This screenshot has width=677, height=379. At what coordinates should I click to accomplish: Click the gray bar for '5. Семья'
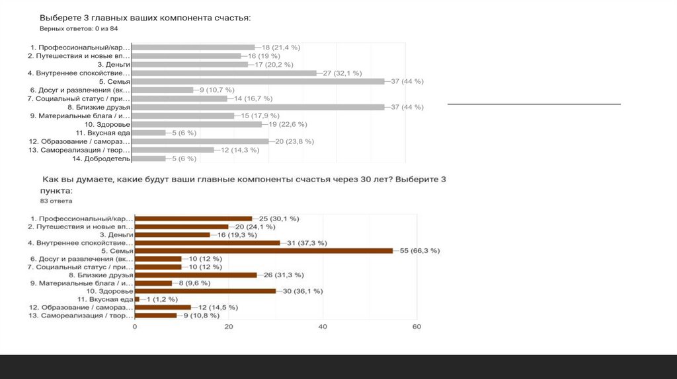click(x=258, y=81)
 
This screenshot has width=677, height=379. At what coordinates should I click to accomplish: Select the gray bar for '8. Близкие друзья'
click(x=258, y=107)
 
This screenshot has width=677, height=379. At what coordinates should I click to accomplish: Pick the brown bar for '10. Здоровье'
click(x=205, y=291)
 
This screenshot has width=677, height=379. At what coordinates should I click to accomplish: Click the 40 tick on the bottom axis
click(x=323, y=327)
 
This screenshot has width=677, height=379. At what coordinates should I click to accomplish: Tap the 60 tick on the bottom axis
click(x=417, y=327)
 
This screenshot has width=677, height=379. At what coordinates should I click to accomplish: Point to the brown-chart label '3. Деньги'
click(x=117, y=234)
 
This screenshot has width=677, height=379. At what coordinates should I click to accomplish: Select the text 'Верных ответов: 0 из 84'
click(x=79, y=29)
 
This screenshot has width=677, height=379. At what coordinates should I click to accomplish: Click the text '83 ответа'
click(x=56, y=200)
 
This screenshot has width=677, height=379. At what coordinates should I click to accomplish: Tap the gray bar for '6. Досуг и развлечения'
click(x=163, y=90)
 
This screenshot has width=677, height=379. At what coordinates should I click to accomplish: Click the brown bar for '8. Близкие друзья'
click(x=195, y=275)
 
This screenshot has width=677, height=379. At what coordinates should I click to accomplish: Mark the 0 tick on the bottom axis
click(x=135, y=327)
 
